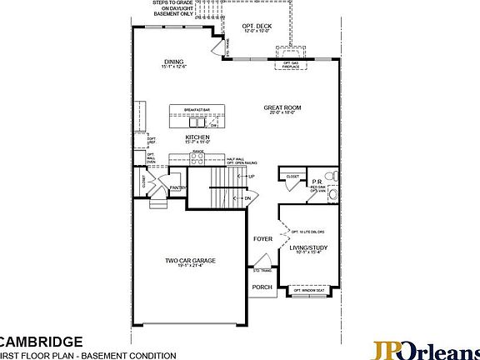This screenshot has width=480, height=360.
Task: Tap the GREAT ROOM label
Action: point(282,107)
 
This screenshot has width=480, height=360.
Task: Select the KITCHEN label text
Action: point(197,137)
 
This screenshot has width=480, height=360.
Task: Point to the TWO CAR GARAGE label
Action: point(190,261)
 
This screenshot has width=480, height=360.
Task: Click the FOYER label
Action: point(262,239)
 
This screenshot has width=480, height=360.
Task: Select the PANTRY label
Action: point(177,188)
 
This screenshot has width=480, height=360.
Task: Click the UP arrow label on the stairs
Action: point(251,177)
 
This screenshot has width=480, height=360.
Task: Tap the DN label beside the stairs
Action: point(247,200)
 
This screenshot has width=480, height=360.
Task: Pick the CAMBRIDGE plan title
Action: point(41,342)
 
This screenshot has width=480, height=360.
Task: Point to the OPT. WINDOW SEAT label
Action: point(308,290)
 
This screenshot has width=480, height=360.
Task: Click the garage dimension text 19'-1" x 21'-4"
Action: point(190,267)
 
